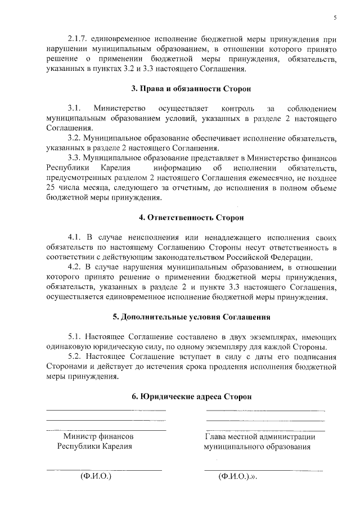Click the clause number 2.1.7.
[x=78, y=39]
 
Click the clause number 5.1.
[x=75, y=336]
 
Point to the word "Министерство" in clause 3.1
[x=120, y=107]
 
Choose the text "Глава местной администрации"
[x=260, y=436]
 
